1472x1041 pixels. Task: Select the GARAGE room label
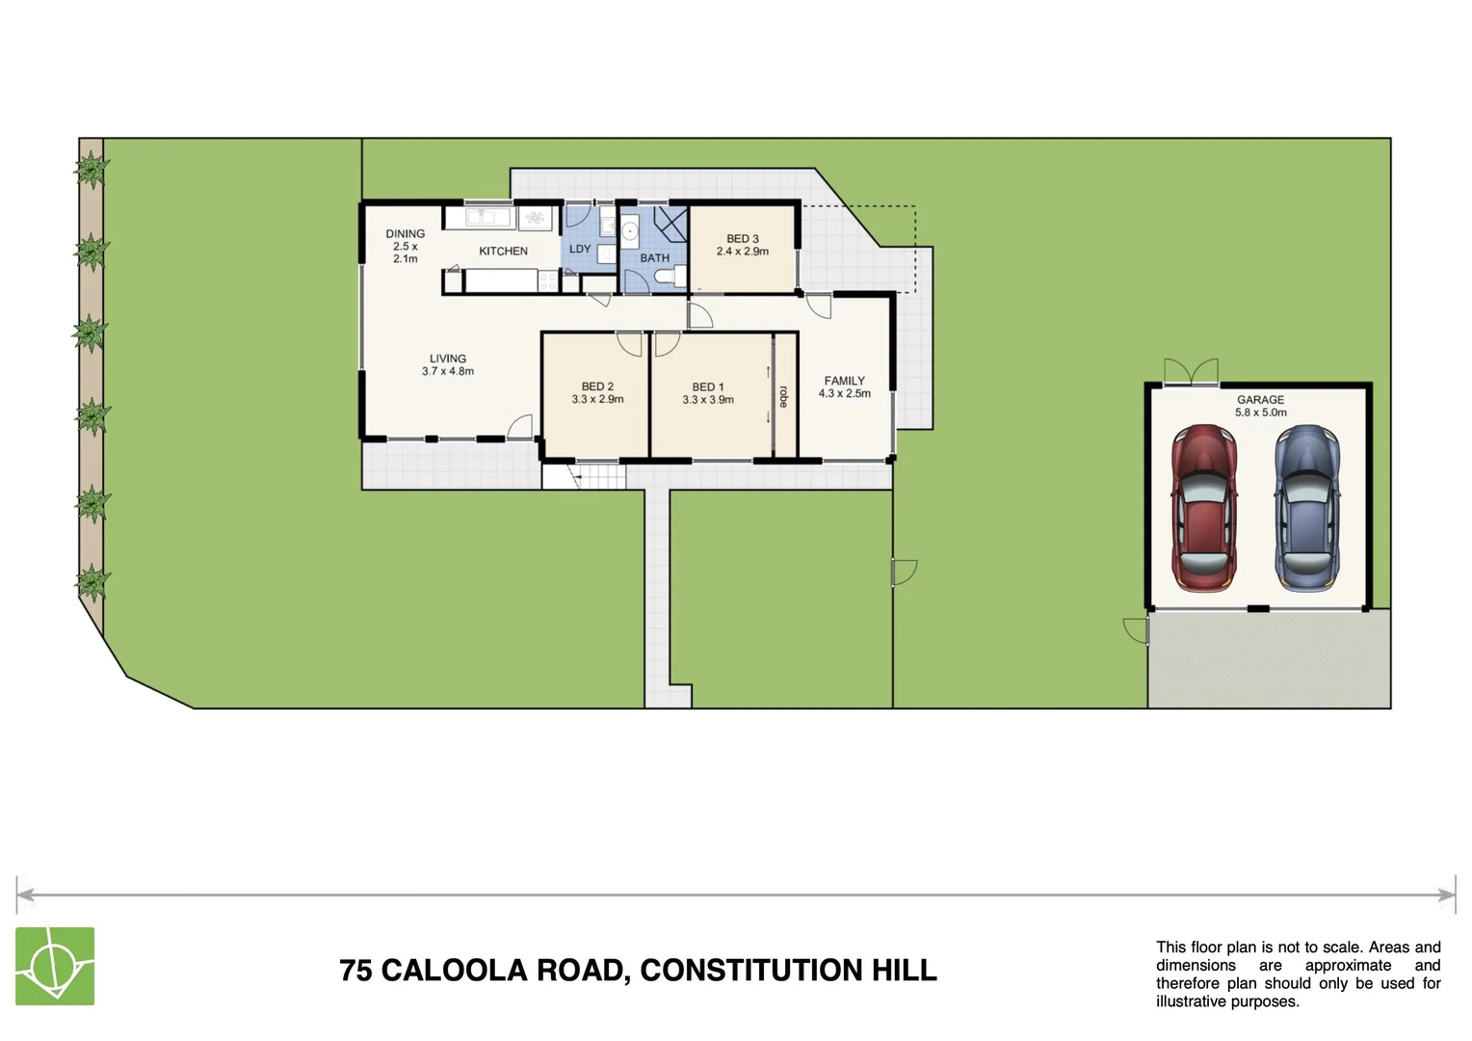[x=1260, y=400]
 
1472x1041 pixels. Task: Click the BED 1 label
[x=708, y=387]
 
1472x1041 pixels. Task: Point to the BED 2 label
[x=597, y=387]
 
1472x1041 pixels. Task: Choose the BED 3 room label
[x=743, y=239]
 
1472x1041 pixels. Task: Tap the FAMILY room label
[x=845, y=381]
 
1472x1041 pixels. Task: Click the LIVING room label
[x=448, y=359]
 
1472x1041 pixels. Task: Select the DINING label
[x=406, y=234]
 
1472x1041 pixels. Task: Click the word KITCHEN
[x=504, y=252]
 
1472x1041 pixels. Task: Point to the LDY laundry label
[x=580, y=249]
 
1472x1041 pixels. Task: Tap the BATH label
[x=655, y=258]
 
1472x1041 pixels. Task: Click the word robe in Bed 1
[x=783, y=396]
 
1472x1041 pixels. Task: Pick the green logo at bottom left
[x=55, y=966]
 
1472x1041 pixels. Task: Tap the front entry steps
[x=584, y=476]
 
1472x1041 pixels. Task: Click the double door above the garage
[x=1191, y=371]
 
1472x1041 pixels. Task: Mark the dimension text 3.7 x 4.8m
[x=448, y=371]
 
